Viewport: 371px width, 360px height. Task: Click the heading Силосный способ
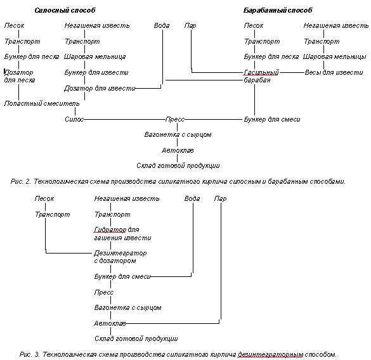(65, 10)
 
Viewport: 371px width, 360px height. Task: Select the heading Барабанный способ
(278, 10)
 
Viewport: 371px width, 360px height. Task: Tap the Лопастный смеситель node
(42, 103)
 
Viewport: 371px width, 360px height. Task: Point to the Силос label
(74, 119)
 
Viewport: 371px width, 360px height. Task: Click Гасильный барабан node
(261, 76)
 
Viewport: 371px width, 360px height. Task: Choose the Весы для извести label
(334, 72)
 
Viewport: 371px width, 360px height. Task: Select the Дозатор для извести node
(100, 89)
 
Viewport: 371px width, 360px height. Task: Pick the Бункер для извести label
(96, 72)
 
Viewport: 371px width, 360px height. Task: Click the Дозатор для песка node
(20, 76)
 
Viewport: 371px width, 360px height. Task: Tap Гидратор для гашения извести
(122, 234)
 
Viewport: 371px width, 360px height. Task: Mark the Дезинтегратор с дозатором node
(120, 257)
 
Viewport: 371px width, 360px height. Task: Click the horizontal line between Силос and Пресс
(125, 119)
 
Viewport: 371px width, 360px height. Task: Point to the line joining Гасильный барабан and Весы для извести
(292, 72)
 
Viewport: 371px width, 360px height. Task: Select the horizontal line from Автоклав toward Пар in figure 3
(172, 323)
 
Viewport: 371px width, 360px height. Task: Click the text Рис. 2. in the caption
(21, 182)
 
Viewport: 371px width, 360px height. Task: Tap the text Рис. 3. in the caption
(30, 354)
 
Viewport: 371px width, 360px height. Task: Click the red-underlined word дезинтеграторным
(270, 355)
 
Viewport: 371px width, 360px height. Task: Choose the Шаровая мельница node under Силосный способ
(95, 57)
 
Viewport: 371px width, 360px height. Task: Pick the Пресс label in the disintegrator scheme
(104, 292)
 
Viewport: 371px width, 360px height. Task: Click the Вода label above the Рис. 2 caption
(162, 25)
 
